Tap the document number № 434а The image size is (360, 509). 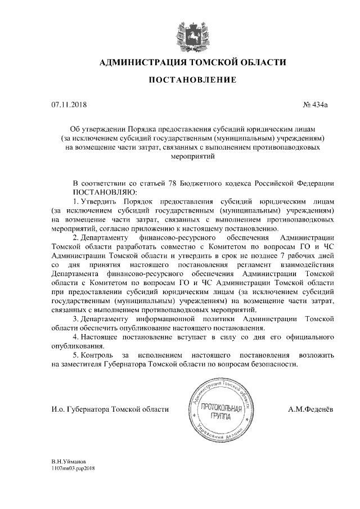[319, 104]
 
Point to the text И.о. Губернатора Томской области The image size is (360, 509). [110, 409]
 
